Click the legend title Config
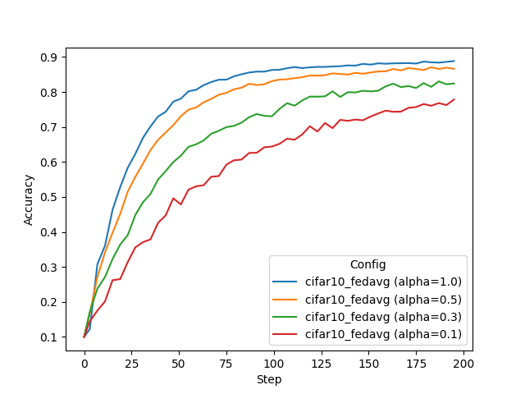click(367, 264)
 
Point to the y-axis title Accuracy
click(29, 199)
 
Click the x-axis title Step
click(268, 379)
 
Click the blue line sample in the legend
click(287, 282)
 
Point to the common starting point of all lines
click(84, 337)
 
